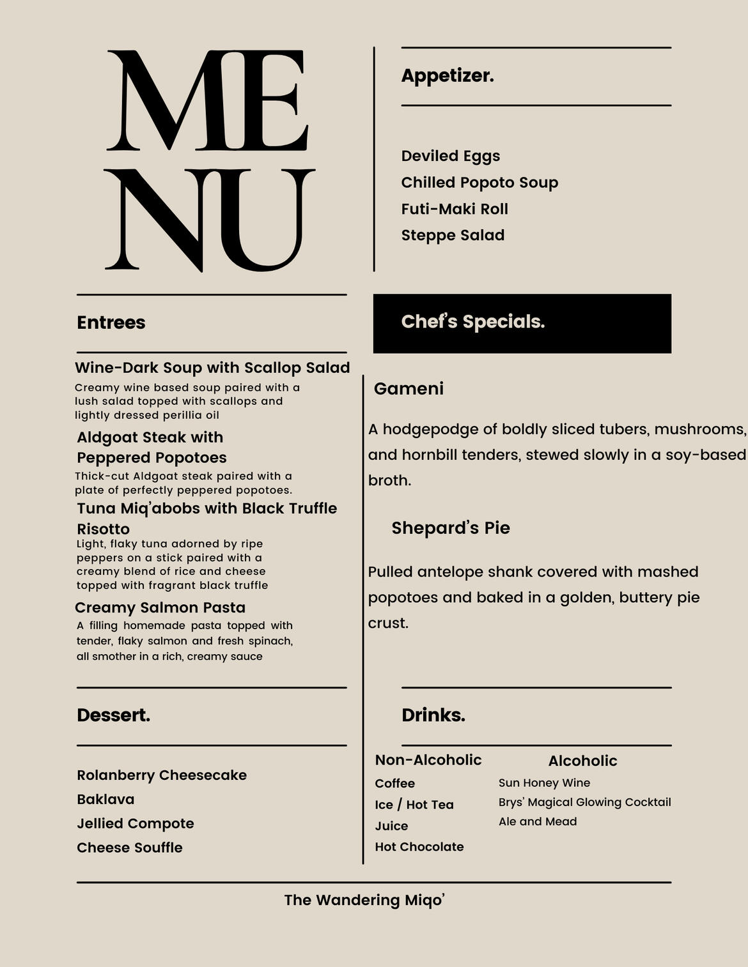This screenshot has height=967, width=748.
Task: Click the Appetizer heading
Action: pos(448,76)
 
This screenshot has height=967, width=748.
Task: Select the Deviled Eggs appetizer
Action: pos(451,156)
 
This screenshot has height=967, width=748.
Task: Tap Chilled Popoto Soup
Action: pos(479,183)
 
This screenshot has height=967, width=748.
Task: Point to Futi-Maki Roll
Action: pos(455,209)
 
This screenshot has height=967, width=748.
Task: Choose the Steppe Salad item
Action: pos(453,236)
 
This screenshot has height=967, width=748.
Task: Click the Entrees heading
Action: pos(111,323)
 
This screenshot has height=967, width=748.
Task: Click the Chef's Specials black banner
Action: pos(522,323)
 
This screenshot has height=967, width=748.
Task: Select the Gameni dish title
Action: pos(409,389)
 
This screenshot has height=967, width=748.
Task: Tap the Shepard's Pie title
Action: pos(451,528)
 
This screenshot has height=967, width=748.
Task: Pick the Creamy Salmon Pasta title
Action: pos(160,607)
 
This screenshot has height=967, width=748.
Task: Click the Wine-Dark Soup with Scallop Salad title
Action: pos(212,368)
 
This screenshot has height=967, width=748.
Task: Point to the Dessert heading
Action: pos(114,715)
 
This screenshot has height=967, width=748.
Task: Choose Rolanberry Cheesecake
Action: pos(162,775)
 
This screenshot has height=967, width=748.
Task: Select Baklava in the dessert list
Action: pos(105,800)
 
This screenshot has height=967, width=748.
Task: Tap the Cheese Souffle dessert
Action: pos(130,848)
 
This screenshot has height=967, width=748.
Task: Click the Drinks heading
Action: pos(433,715)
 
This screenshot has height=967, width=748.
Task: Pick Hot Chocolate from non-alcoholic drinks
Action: pos(419,847)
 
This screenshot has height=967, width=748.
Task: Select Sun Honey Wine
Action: pos(544,783)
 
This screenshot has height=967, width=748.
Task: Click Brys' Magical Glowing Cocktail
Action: pos(584,802)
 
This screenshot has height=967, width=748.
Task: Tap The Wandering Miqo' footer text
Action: pos(364,900)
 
